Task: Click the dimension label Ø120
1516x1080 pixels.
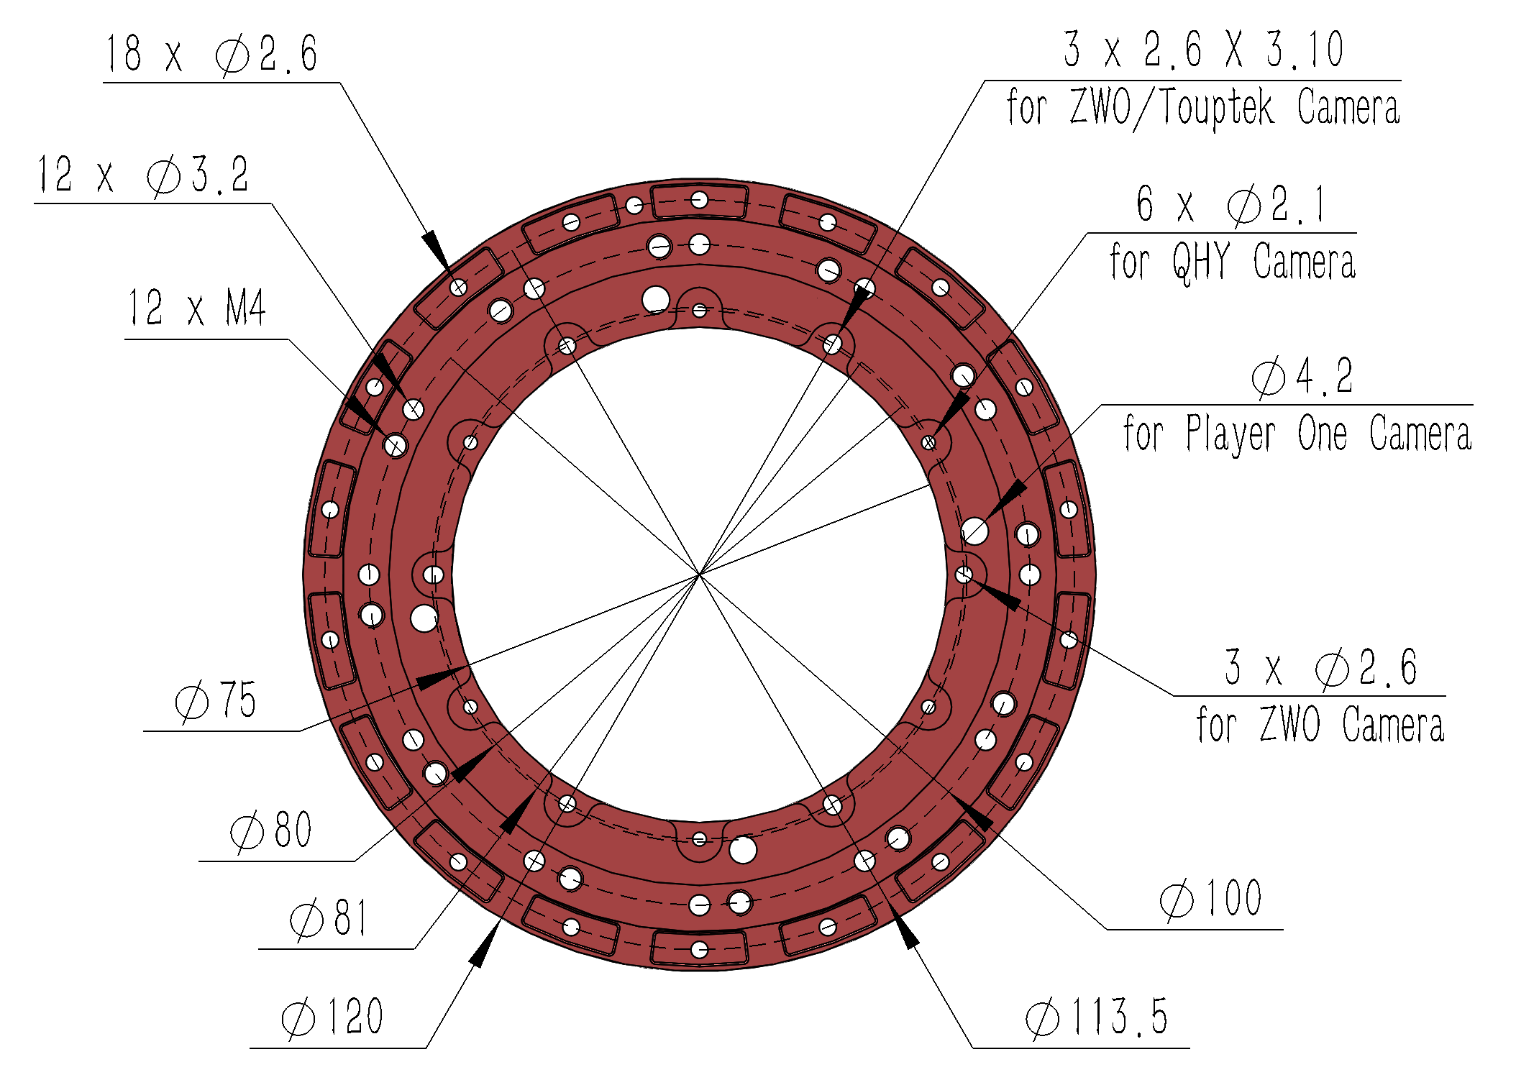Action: pos(332,1017)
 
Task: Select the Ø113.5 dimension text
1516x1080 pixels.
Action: pos(1097,1017)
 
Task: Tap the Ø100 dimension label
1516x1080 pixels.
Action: pos(1211,899)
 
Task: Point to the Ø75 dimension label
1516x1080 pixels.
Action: pos(216,700)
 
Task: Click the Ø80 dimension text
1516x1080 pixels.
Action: pos(271,830)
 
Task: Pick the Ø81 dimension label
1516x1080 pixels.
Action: pos(329,919)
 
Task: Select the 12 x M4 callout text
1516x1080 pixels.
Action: pos(196,308)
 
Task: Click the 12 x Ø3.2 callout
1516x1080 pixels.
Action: pos(142,175)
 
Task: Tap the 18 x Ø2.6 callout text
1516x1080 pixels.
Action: pos(211,54)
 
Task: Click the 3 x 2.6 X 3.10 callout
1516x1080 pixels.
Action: pos(1204,50)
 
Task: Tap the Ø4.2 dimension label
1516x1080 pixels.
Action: pos(1302,376)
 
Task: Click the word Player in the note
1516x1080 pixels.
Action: pos(1230,434)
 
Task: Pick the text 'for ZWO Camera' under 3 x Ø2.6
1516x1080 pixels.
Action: pos(1320,725)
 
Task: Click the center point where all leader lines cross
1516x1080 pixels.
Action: pos(700,575)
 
